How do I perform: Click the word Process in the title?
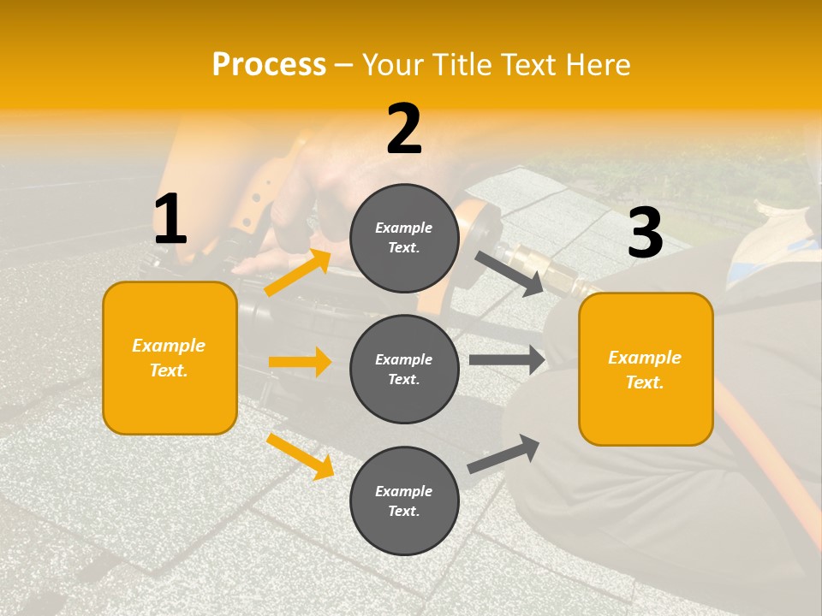click(269, 65)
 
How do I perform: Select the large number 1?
click(170, 220)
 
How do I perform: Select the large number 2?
click(404, 129)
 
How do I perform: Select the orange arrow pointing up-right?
click(298, 272)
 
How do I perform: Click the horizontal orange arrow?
click(300, 362)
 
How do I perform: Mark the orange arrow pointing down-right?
click(301, 456)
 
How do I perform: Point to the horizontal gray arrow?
click(507, 360)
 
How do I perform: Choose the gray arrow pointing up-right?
click(503, 453)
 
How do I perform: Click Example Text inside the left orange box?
click(169, 358)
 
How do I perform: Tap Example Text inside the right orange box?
click(645, 370)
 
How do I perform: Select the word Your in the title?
click(396, 65)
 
